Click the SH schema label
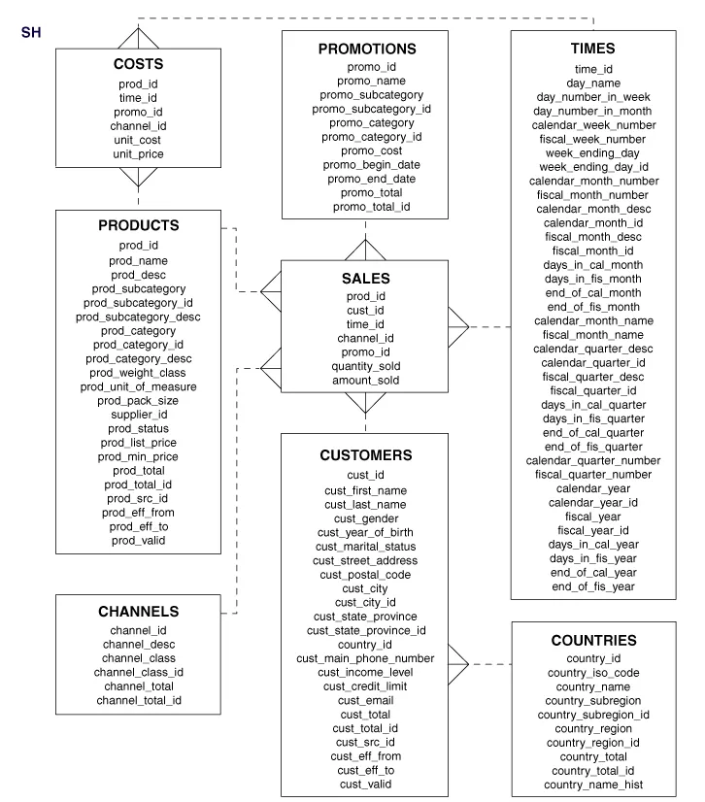click(30, 33)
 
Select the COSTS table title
click(138, 64)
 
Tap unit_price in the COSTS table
click(138, 153)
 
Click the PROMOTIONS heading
click(366, 49)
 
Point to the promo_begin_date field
click(365, 165)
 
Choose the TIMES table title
click(593, 49)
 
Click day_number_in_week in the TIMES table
click(593, 97)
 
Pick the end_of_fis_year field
click(593, 586)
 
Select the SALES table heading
click(365, 278)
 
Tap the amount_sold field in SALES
click(365, 381)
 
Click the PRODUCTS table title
click(139, 225)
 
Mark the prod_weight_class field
click(139, 373)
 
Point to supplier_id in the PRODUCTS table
click(139, 415)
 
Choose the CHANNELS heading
click(139, 612)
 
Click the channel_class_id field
click(139, 672)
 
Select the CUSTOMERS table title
click(365, 454)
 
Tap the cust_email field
click(365, 700)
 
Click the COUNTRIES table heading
click(593, 641)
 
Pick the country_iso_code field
click(593, 673)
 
